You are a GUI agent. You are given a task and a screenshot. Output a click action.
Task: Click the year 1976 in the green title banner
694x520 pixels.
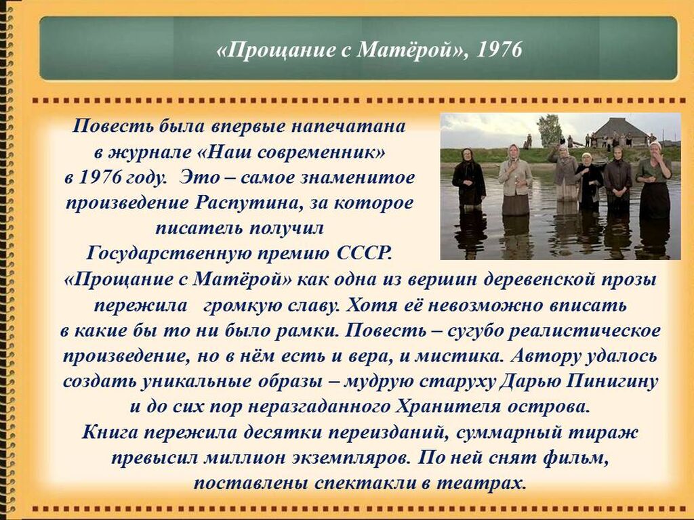pos(499,49)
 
